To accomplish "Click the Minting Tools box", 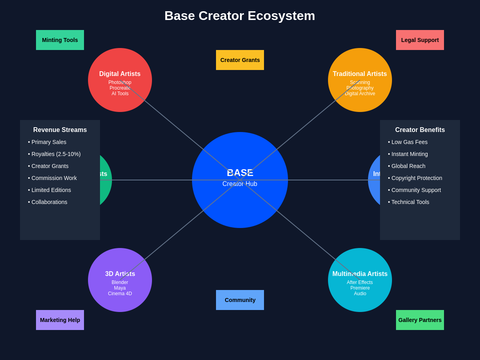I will (x=60, y=40).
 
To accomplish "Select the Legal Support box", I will (x=420, y=40).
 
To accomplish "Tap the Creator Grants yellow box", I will (x=240, y=60).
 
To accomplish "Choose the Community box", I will (x=240, y=300).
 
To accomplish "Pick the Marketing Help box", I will (x=60, y=320).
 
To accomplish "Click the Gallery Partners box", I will (x=420, y=320).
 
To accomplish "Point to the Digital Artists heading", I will (x=120, y=74).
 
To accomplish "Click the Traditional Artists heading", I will (x=360, y=74).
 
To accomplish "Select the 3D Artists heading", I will (x=120, y=274).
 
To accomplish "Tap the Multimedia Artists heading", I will (x=360, y=274).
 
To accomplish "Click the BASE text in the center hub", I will (x=240, y=173).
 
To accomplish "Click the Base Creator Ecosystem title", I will (x=240, y=16).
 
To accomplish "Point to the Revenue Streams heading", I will (x=60, y=130).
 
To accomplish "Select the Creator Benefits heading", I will (x=420, y=130).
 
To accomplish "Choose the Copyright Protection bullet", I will (x=415, y=178).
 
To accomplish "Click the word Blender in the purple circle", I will (x=120, y=282).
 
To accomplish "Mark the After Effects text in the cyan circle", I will (x=360, y=282).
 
